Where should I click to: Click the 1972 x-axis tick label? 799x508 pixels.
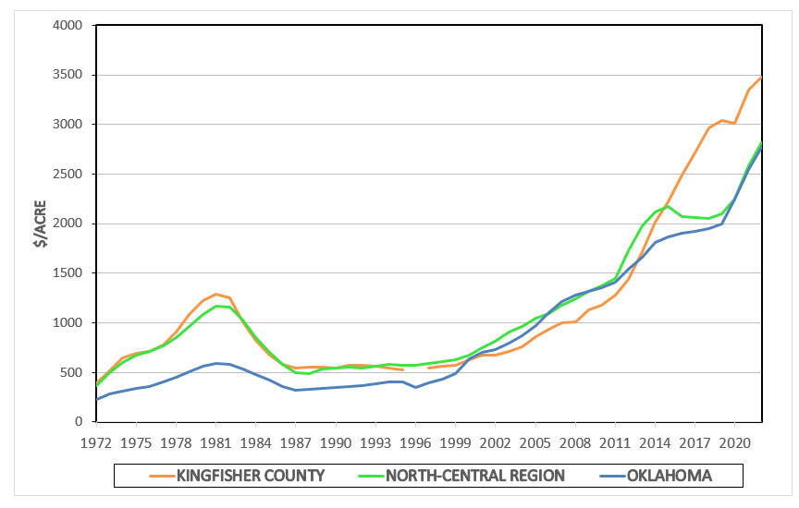tap(96, 441)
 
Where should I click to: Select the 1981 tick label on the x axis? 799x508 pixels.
tap(215, 441)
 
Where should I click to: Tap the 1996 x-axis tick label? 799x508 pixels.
tap(415, 441)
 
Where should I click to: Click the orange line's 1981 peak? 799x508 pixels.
tap(215, 294)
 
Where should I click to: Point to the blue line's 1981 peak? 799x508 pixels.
tap(215, 363)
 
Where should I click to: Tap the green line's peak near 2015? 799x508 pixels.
tap(668, 205)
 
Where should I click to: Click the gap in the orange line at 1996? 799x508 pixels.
tap(415, 369)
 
